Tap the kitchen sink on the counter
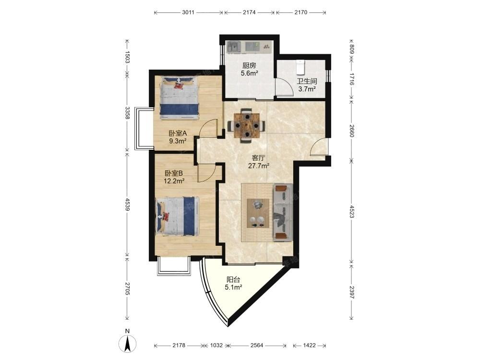[233, 47]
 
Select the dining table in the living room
[246, 125]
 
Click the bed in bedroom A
[180, 98]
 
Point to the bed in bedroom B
[178, 216]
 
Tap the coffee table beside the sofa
[258, 213]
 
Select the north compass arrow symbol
[127, 343]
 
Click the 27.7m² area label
[259, 166]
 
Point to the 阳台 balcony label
[233, 279]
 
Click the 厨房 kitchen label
[249, 65]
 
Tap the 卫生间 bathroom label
[307, 82]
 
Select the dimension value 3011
[188, 12]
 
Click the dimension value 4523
[352, 211]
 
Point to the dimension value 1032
[216, 345]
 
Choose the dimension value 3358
[128, 113]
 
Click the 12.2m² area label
[174, 181]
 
